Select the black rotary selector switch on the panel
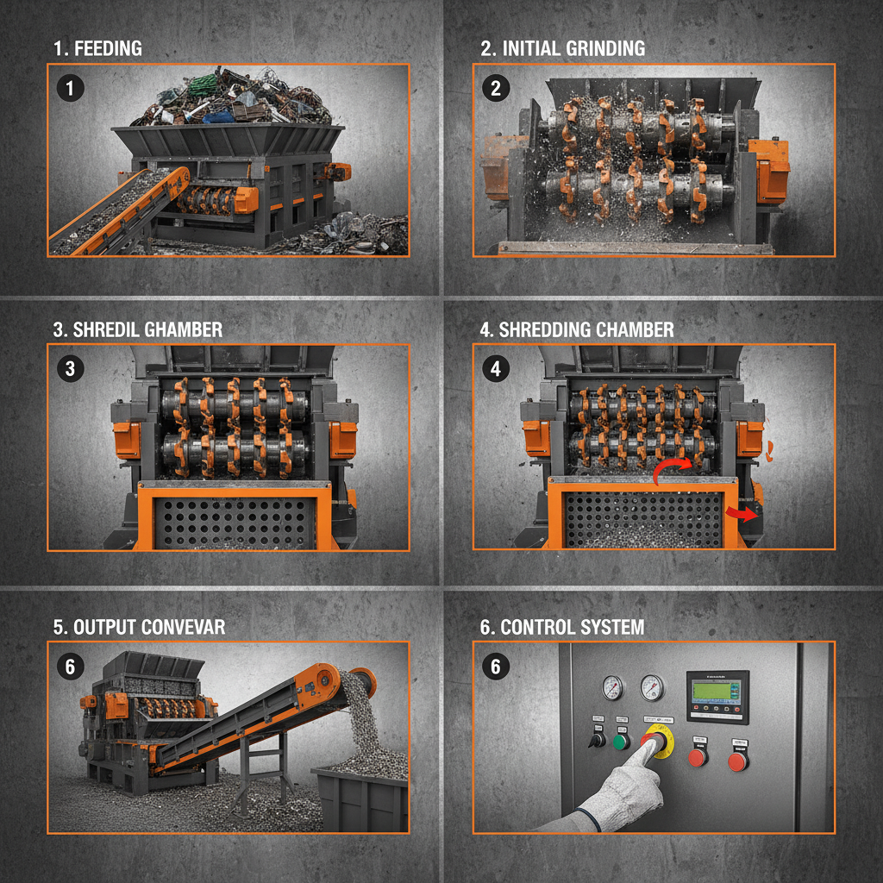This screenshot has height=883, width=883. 595,740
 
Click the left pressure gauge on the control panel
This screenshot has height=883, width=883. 611,687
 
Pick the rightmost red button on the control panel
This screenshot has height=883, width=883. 737,761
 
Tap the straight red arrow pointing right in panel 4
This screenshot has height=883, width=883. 738,515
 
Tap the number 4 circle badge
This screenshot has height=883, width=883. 495,369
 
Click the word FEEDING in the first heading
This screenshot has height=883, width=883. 109,48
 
